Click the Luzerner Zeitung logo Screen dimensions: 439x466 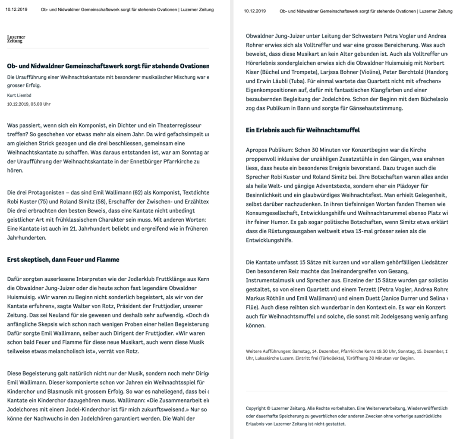pyautogui.click(x=16, y=39)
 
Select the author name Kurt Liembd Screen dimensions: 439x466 pyautogui.click(x=19, y=95)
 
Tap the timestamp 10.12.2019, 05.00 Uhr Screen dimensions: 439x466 pyautogui.click(x=28, y=104)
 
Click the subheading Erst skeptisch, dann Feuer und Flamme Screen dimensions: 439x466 pyautogui.click(x=63, y=260)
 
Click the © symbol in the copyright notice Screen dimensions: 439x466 pyautogui.click(x=268, y=408)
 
